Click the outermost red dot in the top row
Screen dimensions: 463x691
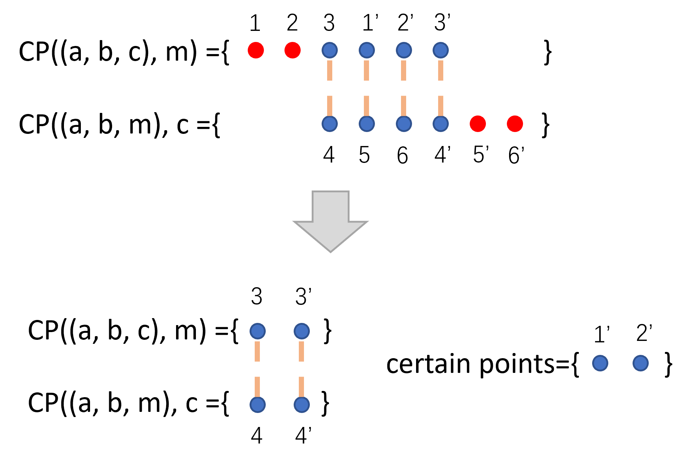256,50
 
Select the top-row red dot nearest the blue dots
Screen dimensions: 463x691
293,50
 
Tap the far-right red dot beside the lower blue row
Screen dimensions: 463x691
515,124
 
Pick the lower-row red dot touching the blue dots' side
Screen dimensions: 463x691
478,124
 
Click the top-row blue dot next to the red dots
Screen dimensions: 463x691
330,50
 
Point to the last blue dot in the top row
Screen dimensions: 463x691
441,50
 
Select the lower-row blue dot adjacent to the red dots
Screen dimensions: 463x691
441,124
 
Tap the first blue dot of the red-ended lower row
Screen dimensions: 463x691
330,124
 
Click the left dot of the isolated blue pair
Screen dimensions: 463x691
600,363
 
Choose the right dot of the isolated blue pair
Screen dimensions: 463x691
641,363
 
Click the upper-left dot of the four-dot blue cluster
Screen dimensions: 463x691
258,331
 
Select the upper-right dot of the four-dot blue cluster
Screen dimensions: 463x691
302,331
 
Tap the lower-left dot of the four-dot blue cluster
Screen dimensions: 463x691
258,405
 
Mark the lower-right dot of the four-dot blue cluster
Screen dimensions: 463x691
302,405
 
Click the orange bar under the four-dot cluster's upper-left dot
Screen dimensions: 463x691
257,351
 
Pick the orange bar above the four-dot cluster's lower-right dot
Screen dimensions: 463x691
301,387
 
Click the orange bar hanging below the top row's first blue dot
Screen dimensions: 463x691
330,70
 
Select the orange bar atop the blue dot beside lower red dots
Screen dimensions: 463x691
441,106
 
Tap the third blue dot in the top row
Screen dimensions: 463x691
404,50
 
